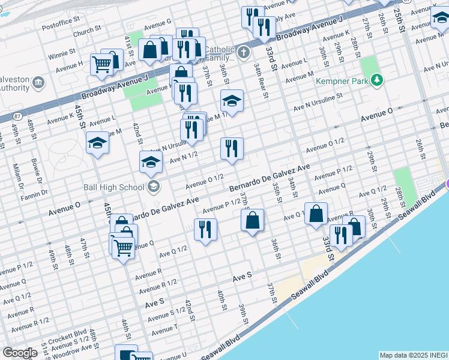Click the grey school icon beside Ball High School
tap(154, 187)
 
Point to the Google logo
tap(20, 353)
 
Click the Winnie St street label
tap(62, 54)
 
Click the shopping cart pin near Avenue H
tap(101, 64)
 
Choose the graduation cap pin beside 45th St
tap(97, 143)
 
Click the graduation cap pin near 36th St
tap(232, 101)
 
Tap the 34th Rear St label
tap(258, 74)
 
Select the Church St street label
tap(87, 30)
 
